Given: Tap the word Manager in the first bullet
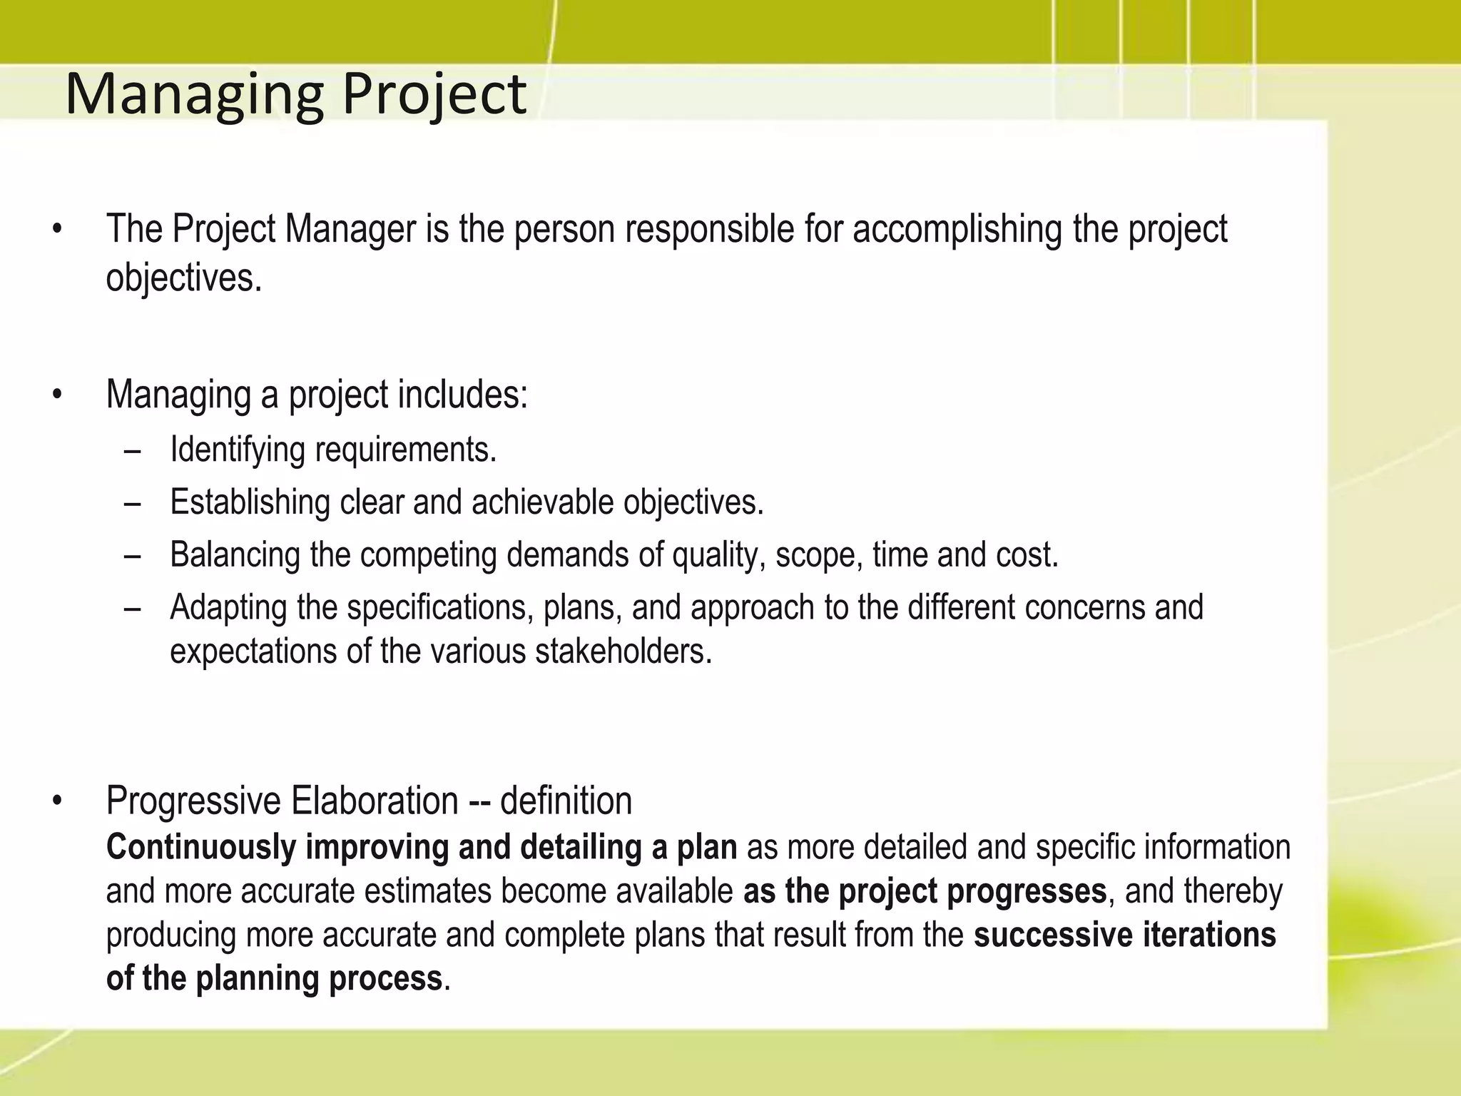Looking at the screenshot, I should point(350,230).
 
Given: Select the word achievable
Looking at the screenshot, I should point(542,502).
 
